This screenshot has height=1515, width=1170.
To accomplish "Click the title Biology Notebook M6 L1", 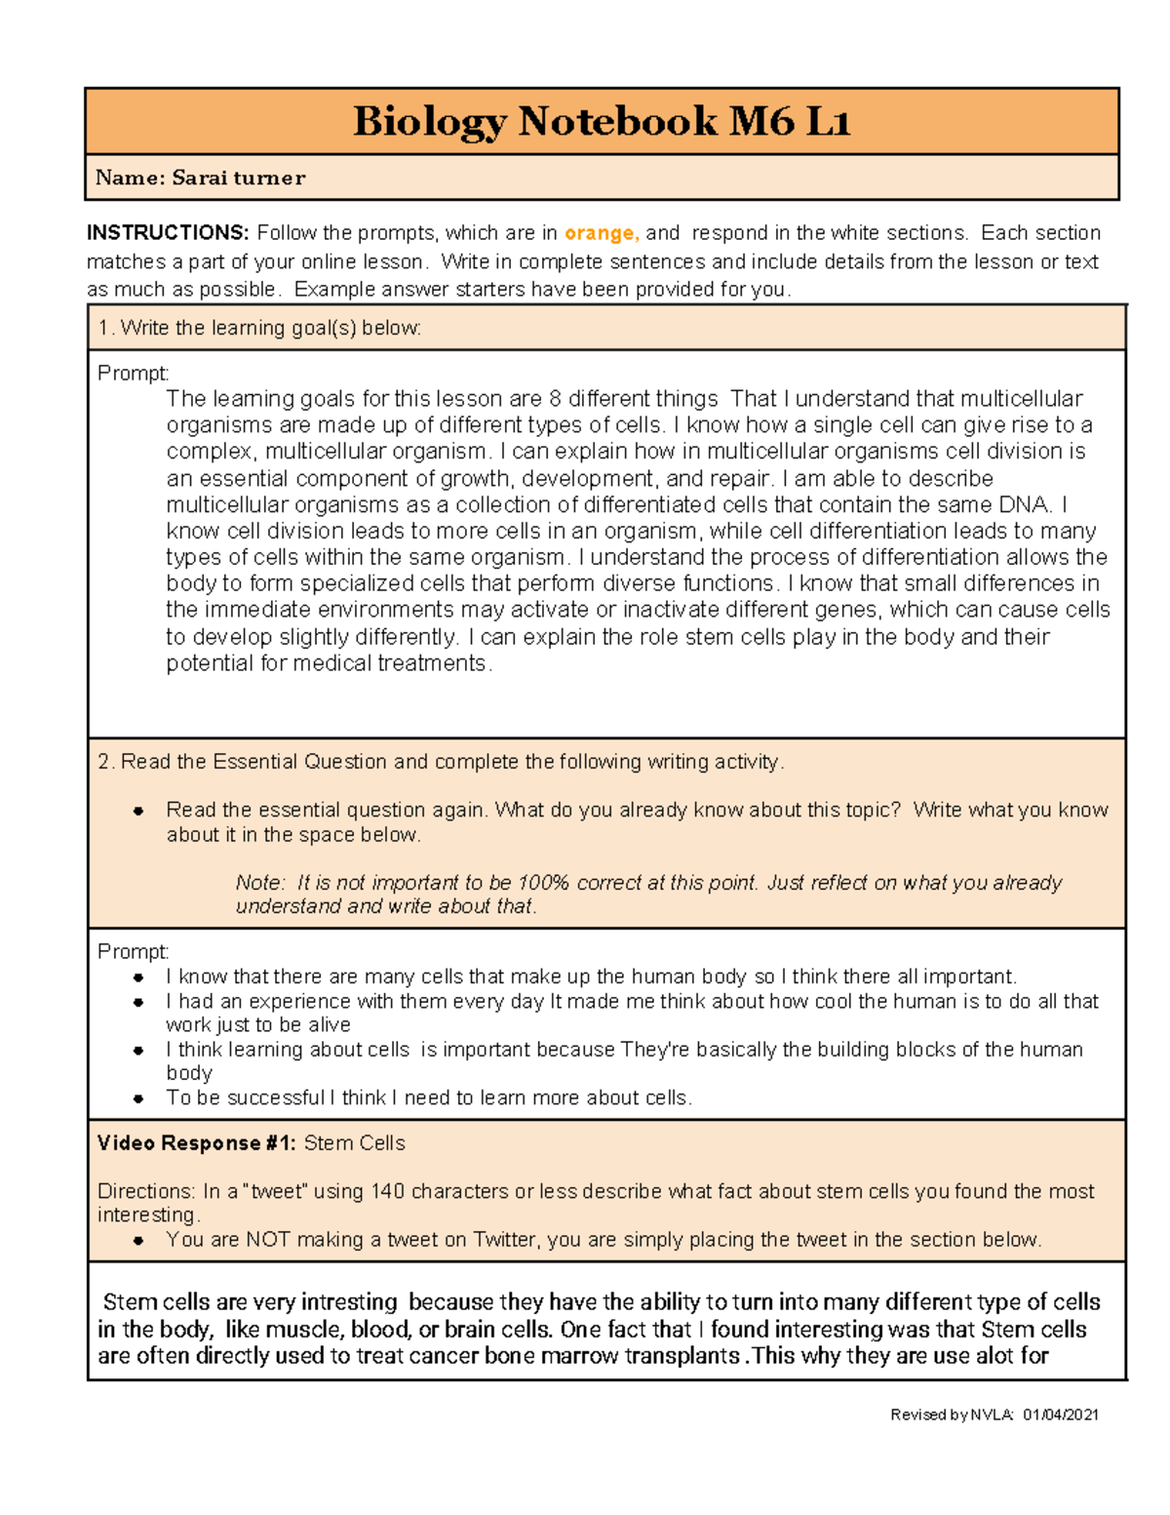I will tap(602, 122).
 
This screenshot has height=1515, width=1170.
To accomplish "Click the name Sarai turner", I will tap(238, 178).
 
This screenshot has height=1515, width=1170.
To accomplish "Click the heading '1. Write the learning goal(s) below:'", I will tap(259, 328).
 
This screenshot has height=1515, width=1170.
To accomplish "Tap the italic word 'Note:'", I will tap(260, 883).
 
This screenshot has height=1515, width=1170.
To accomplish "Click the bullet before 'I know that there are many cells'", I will tap(138, 977).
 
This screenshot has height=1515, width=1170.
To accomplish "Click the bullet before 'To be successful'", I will tap(138, 1098).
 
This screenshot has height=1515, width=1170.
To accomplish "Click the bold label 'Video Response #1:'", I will tap(196, 1143).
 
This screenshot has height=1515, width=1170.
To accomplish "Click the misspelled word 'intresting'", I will tap(349, 1302).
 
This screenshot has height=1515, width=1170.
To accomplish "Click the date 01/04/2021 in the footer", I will tap(1061, 1415).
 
